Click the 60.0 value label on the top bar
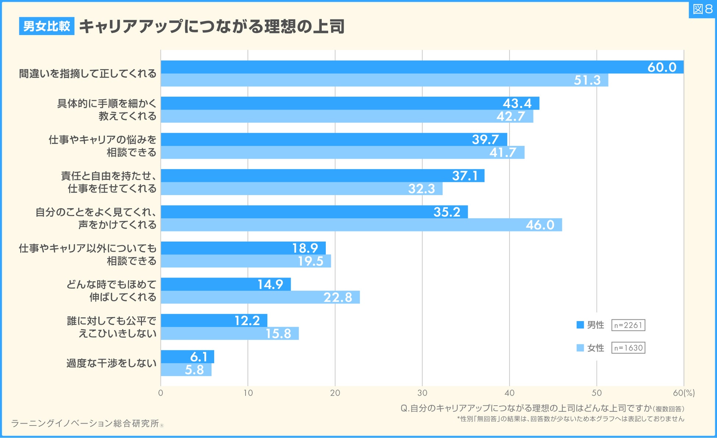tap(661, 67)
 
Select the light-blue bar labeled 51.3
tap(384, 80)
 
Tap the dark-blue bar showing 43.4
tap(350, 103)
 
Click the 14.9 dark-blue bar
tap(225, 284)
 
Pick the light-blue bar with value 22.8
tap(260, 297)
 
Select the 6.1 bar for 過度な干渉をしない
tap(187, 357)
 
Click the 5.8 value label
tap(194, 370)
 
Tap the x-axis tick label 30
tap(422, 393)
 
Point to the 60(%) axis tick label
tap(684, 393)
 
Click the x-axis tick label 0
tap(161, 393)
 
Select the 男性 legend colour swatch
tap(580, 325)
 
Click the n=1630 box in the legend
tap(628, 348)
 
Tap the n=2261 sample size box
tap(628, 325)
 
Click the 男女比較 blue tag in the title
tap(47, 26)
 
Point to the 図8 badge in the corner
tap(702, 9)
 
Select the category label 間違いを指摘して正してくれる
tap(88, 73)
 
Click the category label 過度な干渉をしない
tap(111, 363)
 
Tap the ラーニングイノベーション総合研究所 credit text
tap(85, 423)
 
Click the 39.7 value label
tap(485, 140)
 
